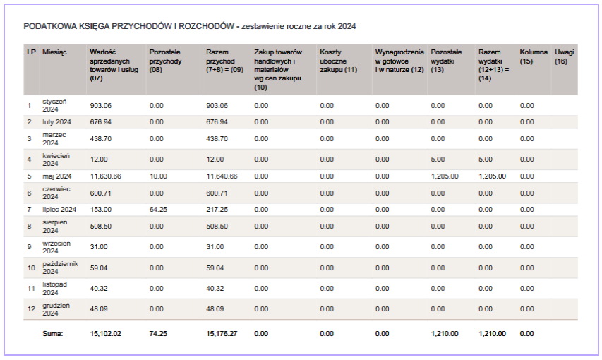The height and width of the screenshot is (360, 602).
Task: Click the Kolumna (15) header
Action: pos(533,57)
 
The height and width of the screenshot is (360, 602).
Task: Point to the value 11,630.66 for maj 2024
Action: pos(105,176)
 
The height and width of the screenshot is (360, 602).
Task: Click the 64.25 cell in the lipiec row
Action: pos(158,210)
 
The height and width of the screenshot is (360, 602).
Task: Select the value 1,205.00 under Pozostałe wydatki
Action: pos(445,176)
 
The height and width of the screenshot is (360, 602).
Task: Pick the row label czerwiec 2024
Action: pos(56,193)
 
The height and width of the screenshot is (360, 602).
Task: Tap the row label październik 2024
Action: pos(60,268)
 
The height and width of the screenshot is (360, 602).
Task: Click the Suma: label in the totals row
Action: pos(52,333)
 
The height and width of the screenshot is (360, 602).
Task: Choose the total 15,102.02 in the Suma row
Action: pos(106,333)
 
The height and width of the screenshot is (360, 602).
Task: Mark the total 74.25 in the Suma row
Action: pos(158,333)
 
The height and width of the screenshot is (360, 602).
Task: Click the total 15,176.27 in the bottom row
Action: pos(222,333)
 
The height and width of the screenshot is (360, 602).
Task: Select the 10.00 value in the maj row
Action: pos(158,176)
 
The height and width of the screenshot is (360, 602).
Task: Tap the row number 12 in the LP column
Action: pos(30,309)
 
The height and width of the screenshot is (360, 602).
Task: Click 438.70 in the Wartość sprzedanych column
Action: pos(101,139)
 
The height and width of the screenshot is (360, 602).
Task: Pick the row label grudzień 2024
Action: pos(56,309)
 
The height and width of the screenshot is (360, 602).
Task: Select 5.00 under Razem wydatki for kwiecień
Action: pos(485,159)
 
